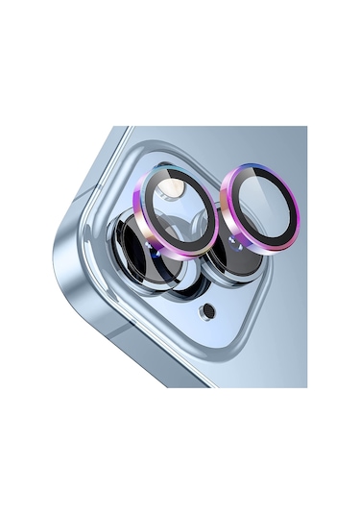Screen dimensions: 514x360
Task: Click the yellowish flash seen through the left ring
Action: (172, 191)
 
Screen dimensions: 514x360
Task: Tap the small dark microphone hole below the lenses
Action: (208, 310)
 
